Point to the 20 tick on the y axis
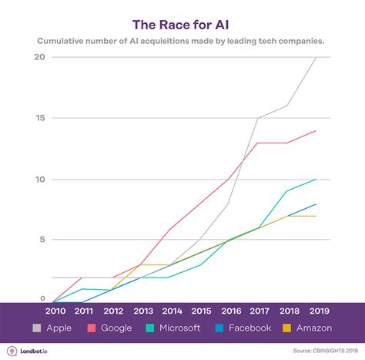click(39, 57)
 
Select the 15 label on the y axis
click(39, 118)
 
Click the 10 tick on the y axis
click(39, 179)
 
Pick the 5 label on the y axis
click(42, 239)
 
